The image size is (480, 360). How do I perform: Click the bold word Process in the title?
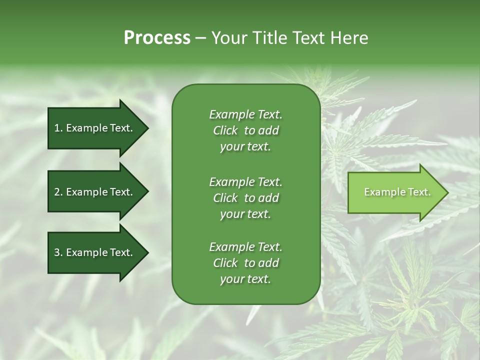point(157,37)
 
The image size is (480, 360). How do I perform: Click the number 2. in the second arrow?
point(58,192)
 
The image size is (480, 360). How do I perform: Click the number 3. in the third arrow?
point(58,252)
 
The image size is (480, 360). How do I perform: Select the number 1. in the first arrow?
point(58,128)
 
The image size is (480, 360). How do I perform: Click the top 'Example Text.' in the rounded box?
point(245,114)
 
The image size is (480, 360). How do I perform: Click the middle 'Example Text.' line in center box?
point(245,181)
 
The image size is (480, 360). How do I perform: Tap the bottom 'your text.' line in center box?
point(245,279)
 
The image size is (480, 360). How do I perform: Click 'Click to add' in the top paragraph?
point(245,130)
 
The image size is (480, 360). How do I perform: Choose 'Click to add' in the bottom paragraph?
point(245,263)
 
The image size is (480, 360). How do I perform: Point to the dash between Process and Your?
point(201,38)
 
